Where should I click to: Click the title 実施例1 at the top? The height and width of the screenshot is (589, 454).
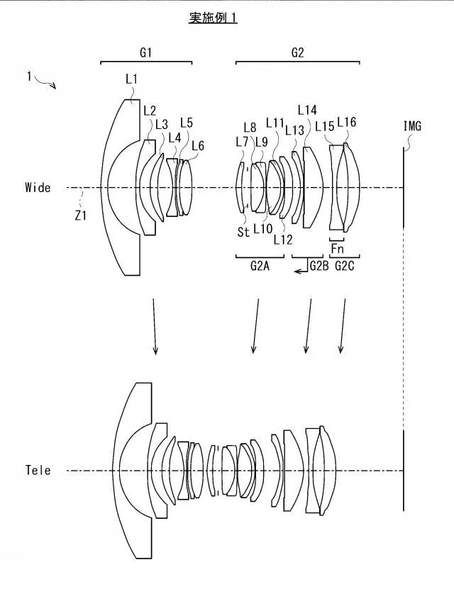213,18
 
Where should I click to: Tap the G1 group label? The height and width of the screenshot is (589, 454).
146,52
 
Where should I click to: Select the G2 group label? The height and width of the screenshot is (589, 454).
297,52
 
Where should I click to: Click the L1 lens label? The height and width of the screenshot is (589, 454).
131,79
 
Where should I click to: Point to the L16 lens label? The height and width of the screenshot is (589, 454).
346,122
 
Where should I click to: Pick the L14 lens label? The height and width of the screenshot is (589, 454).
307,110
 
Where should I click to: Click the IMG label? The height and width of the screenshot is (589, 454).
412,126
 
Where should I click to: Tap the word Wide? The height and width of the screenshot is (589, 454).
38,187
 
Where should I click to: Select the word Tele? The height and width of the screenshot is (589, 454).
38,470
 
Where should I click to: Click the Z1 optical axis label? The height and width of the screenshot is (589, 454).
80,215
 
